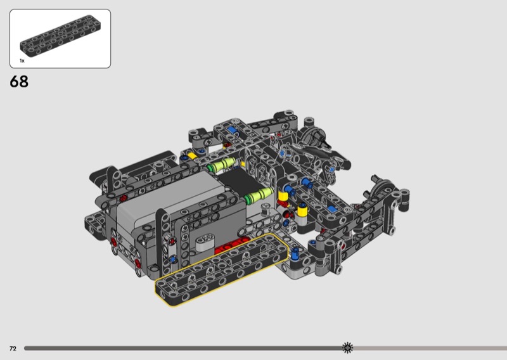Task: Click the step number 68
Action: (x=19, y=82)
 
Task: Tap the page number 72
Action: (x=13, y=349)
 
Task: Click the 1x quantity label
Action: (x=22, y=61)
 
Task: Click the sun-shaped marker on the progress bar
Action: (x=347, y=348)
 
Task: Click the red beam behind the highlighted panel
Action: (x=231, y=245)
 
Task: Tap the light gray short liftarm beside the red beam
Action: (x=205, y=243)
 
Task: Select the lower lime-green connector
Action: (x=259, y=196)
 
